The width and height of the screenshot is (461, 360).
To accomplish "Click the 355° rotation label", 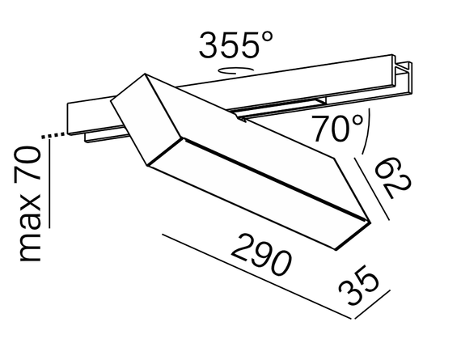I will tap(231, 45).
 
